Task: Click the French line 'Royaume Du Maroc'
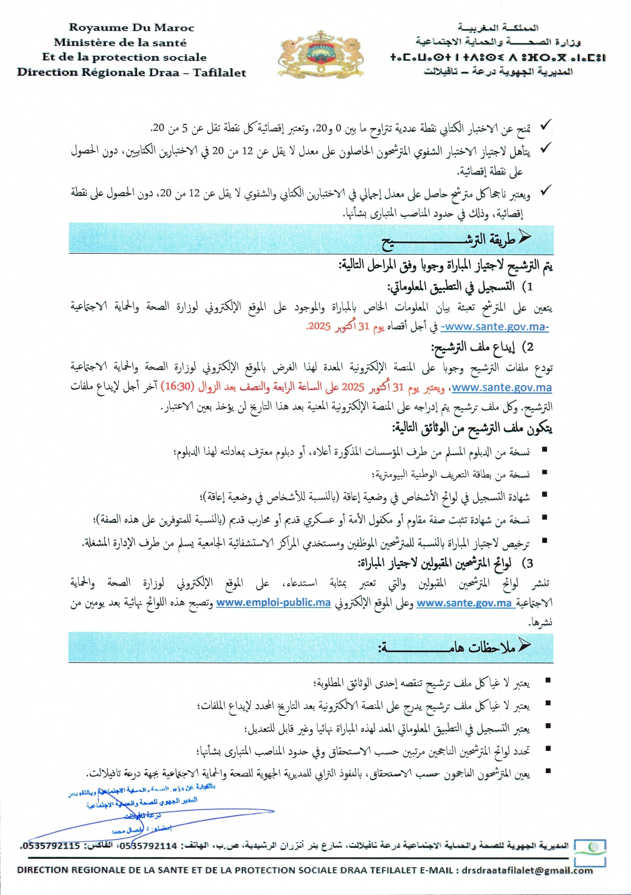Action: [131, 28]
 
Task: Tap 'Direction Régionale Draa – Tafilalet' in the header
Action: [131, 72]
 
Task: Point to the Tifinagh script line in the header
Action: [497, 57]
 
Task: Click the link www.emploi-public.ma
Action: [273, 602]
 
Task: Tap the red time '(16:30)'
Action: [177, 387]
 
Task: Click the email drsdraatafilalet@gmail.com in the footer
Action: [527, 870]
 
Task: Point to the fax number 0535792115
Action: [50, 845]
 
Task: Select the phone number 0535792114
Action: [147, 845]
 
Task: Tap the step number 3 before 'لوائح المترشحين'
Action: [529, 563]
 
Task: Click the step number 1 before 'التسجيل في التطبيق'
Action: [530, 286]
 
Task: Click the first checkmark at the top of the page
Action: [546, 125]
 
